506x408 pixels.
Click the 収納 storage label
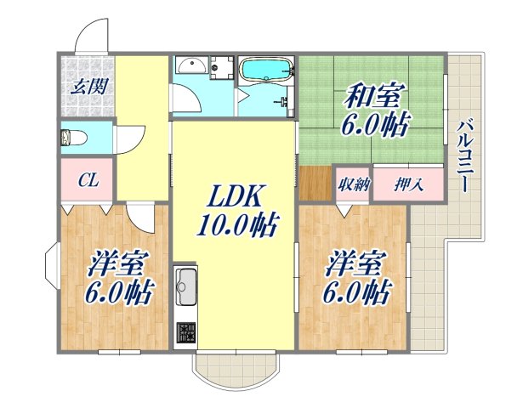[x=352, y=184]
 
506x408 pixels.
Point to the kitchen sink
[x=185, y=286]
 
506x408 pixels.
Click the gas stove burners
[x=185, y=332]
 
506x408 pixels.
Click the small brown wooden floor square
[x=313, y=183]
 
